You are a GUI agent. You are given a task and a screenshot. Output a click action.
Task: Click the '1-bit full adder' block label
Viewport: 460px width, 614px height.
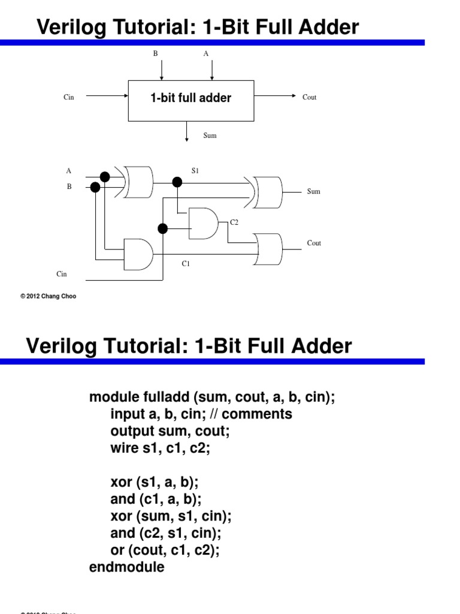pos(190,98)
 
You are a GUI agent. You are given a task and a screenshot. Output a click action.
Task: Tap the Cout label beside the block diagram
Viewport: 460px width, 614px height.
pos(309,97)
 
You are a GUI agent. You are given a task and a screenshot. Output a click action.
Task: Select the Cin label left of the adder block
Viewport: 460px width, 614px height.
pos(69,97)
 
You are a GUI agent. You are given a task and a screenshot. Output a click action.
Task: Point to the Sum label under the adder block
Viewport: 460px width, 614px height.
pos(210,136)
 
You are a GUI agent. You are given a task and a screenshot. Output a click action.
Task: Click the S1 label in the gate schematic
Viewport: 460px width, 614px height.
pos(195,171)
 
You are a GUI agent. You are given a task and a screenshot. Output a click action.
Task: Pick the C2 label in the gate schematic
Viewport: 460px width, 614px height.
pos(234,222)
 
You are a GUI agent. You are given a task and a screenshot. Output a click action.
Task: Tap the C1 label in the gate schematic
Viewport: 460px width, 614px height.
pos(186,263)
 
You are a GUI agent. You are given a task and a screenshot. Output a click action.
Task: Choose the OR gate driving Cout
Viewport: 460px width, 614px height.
pos(268,248)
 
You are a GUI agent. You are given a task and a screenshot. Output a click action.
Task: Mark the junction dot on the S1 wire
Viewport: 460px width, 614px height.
pos(177,182)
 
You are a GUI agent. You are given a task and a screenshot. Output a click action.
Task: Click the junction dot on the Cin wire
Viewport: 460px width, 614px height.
pos(162,228)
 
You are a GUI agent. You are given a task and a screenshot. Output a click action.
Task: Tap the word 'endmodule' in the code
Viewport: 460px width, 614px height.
pos(126,567)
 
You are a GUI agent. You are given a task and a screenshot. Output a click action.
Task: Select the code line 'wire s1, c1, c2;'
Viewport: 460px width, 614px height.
pos(160,448)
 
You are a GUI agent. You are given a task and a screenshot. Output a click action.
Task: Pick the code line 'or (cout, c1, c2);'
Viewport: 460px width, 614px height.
pos(165,550)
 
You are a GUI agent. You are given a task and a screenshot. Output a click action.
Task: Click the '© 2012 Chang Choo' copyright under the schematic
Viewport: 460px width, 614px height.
pos(49,296)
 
